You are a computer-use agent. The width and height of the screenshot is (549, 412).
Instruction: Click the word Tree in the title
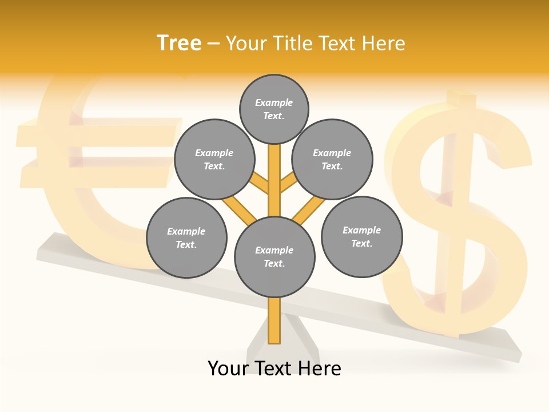179,43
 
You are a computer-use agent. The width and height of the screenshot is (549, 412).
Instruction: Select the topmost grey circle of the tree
274,109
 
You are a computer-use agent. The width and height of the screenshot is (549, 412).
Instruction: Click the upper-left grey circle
214,160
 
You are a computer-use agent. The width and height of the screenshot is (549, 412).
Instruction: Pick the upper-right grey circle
332,160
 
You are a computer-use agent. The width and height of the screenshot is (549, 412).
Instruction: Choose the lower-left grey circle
186,237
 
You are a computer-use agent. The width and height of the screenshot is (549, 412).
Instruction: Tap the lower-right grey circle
361,236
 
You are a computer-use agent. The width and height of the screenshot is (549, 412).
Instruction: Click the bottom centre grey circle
274,257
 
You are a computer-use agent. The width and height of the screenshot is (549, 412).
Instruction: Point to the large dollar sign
457,217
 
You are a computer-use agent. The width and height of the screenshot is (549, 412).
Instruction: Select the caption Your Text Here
274,369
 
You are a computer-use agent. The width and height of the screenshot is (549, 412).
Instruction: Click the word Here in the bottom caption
320,369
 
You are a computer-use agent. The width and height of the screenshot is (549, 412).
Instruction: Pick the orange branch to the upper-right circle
288,184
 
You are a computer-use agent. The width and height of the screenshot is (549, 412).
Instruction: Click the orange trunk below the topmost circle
274,172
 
